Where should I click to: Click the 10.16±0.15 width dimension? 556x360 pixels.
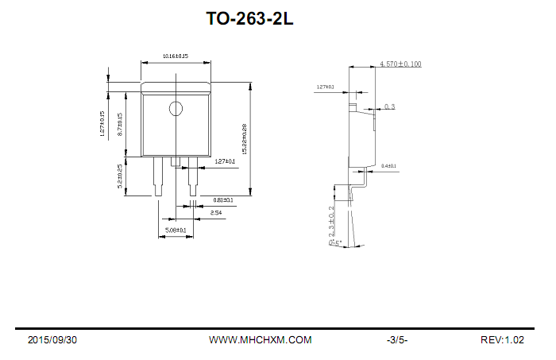point(175,56)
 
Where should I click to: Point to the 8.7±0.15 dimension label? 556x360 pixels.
point(121,126)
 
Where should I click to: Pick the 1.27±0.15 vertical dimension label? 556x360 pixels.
point(102,124)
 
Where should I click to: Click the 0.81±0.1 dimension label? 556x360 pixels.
point(222,200)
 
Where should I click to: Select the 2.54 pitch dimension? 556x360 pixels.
point(216,213)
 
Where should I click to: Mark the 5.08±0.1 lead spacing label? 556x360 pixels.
point(175,230)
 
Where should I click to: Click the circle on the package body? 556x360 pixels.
point(176,109)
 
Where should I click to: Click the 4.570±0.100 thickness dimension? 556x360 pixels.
point(400,64)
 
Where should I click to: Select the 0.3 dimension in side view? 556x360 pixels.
point(389,106)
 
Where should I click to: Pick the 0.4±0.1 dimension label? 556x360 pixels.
point(389,166)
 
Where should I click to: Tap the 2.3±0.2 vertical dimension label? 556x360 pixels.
point(332,225)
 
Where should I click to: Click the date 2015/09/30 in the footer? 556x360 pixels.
point(52,340)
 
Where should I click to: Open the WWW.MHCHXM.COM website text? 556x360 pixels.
point(260,340)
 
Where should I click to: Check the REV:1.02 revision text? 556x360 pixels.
point(502,340)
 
